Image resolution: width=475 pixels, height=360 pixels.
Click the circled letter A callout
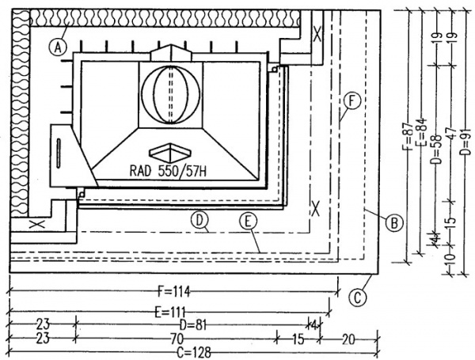(58, 47)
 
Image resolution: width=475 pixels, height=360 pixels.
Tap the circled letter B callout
(394, 223)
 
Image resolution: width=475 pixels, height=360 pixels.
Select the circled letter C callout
(358, 297)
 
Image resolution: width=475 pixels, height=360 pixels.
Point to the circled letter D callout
(199, 221)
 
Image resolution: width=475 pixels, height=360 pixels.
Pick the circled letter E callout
(248, 222)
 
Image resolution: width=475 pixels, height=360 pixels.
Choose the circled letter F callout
(351, 101)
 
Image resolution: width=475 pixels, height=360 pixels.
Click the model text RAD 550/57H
(168, 172)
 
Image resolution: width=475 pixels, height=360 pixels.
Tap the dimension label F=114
(174, 292)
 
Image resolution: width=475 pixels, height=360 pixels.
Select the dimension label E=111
(170, 312)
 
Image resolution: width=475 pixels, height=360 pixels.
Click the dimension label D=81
(193, 326)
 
